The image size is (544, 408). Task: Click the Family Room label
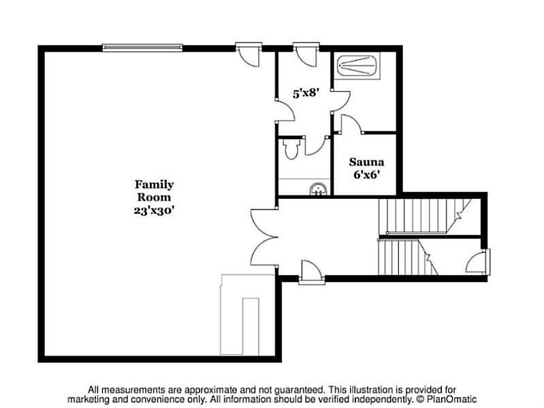click(x=154, y=191)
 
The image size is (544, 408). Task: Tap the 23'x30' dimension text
click(x=154, y=210)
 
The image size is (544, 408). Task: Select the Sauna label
click(x=366, y=162)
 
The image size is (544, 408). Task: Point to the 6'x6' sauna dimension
click(x=366, y=174)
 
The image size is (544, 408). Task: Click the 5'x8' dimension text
click(x=306, y=93)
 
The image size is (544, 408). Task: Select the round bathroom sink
click(x=318, y=190)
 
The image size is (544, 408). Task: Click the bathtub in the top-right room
click(x=358, y=65)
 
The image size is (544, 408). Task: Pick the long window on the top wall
click(x=142, y=48)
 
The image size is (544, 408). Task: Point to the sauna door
click(x=351, y=124)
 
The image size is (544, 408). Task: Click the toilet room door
click(x=316, y=146)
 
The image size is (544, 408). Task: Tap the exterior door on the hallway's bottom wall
click(x=312, y=272)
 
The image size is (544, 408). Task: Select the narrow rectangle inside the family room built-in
click(x=251, y=326)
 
